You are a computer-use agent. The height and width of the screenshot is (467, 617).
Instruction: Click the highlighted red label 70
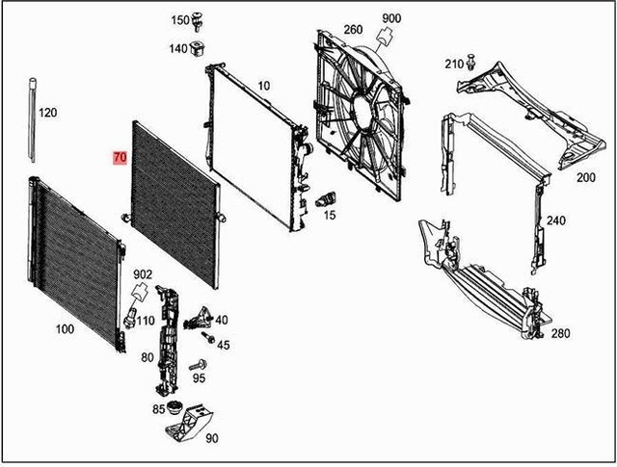(120, 157)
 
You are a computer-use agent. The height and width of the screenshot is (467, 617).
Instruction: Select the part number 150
(180, 20)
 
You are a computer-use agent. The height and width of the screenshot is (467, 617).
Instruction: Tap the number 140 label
(180, 48)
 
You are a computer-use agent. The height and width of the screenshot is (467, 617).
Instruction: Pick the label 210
(454, 64)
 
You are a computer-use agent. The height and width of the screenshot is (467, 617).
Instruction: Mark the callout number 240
(556, 221)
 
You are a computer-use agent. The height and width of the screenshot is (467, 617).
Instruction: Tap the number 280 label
(560, 333)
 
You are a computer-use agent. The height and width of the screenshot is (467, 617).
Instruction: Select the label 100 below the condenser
(64, 329)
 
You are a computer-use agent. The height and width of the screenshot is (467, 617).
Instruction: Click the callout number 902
(143, 274)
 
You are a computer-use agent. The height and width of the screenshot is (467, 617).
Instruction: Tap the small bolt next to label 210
(471, 62)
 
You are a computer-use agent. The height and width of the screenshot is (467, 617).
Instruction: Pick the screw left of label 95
(201, 366)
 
